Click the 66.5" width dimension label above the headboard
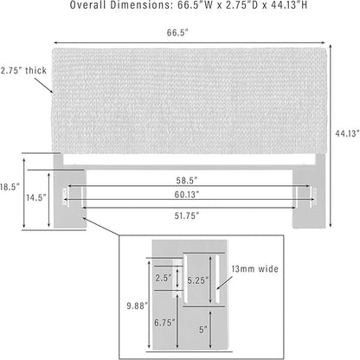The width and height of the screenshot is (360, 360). (177, 33)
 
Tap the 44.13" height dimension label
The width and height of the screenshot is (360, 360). (347, 133)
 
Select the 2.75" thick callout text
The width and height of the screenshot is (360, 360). (23, 70)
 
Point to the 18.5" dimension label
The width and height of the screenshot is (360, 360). (10, 187)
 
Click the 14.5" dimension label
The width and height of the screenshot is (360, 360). (36, 197)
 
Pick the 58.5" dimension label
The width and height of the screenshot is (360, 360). (187, 181)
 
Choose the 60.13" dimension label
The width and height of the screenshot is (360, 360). (187, 195)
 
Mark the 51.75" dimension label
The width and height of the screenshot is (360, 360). (187, 215)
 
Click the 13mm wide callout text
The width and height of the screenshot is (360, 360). (255, 269)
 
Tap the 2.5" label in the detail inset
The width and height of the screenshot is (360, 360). (164, 278)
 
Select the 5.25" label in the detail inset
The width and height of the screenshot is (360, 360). (198, 280)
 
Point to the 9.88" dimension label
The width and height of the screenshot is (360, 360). (138, 305)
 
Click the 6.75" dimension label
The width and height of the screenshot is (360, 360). (164, 323)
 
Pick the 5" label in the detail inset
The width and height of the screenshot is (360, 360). (203, 330)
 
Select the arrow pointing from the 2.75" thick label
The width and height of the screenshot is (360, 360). (44, 86)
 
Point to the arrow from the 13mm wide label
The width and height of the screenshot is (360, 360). (225, 283)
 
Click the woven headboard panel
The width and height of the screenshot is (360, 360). (190, 101)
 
